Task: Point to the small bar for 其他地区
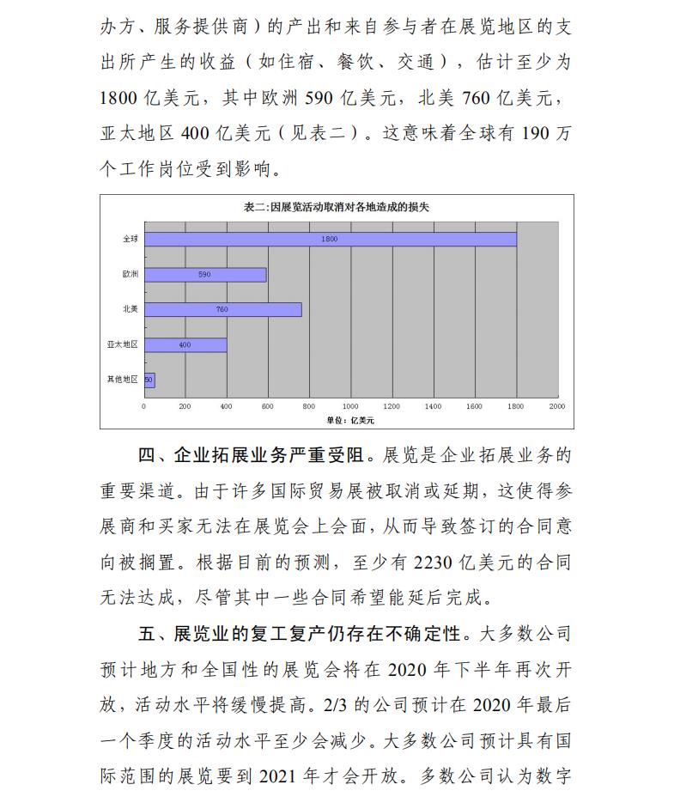pos(149,379)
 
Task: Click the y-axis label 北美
pos(130,309)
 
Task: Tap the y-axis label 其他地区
pos(123,379)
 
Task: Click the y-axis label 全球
pos(130,239)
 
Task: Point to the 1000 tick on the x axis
pos(350,405)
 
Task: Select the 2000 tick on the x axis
pos(556,405)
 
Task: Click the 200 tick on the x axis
pos(185,405)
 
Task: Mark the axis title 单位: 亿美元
pos(350,420)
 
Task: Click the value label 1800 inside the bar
pos(330,239)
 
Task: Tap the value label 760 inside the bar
pos(222,309)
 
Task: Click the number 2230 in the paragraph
pos(438,564)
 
